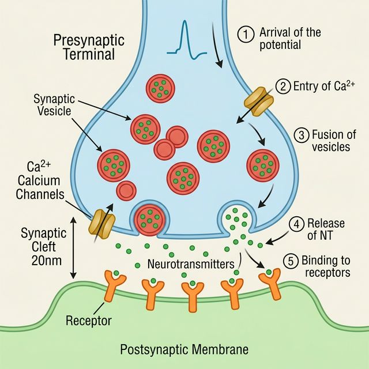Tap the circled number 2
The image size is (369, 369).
(283, 87)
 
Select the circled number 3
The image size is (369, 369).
(302, 135)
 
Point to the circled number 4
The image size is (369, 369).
(297, 224)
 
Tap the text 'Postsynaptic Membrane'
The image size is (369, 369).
(184, 349)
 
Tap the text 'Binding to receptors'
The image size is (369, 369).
(325, 266)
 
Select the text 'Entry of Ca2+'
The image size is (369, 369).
(318, 87)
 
